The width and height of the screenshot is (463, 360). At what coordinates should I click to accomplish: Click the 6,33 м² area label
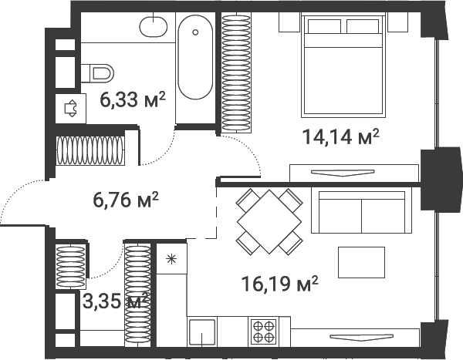[133, 100]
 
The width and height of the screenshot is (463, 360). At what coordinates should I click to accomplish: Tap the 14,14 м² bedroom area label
[340, 137]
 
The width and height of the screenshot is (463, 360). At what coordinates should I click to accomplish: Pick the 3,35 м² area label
[115, 300]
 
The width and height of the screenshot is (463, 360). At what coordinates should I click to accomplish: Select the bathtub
[194, 59]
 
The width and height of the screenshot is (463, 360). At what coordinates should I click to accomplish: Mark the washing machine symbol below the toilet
[70, 108]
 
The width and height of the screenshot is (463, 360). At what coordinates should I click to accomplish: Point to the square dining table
[268, 221]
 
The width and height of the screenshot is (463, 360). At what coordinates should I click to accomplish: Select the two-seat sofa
[362, 210]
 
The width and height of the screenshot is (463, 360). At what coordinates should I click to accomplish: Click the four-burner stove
[262, 331]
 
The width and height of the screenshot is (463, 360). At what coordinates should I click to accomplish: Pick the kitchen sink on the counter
[202, 331]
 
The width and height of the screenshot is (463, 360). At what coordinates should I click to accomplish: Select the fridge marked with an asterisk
[171, 257]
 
